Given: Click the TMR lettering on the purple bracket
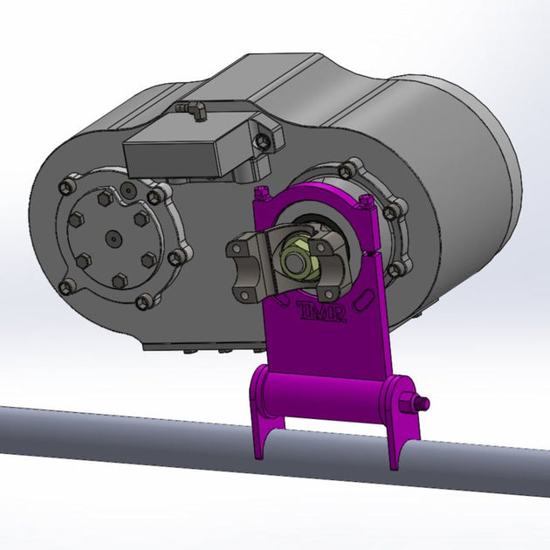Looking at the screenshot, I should tap(322, 311).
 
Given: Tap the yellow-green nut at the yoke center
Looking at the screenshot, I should tap(293, 257).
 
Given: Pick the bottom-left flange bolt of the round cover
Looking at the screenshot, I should tap(65, 287).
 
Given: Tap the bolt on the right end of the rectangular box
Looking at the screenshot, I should tap(261, 140).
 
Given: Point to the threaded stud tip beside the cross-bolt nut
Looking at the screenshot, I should tap(425, 402).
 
